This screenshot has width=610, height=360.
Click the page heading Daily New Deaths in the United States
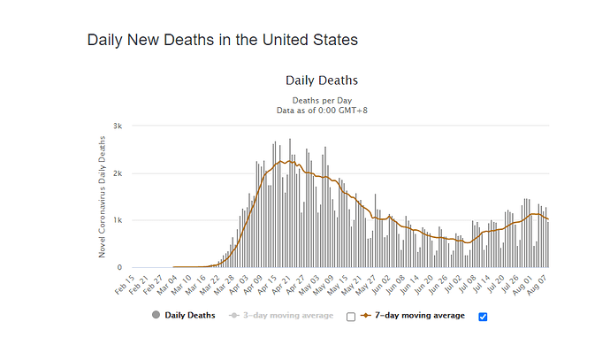click(222, 41)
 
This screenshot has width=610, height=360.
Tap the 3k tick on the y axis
click(117, 126)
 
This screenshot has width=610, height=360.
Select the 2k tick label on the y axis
click(117, 173)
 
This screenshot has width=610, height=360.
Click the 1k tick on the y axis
click(117, 220)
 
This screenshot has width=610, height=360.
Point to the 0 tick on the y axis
click(119, 267)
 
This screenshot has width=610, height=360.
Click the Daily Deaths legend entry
click(189, 315)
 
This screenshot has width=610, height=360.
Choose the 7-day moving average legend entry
click(421, 315)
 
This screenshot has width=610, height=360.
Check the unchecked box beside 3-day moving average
click(351, 317)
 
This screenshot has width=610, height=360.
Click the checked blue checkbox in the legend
click(483, 317)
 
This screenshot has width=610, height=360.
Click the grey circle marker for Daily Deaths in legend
click(156, 316)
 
